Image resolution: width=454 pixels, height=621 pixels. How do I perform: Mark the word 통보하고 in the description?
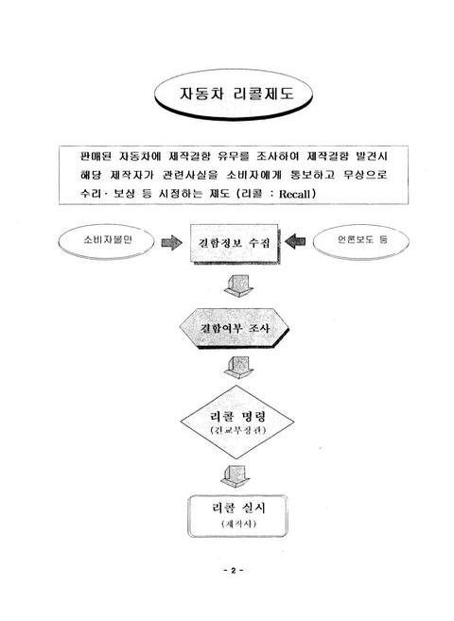[320, 176]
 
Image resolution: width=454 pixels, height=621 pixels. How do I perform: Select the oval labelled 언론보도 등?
[356, 241]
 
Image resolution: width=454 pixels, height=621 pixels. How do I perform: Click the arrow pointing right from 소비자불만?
[172, 242]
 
